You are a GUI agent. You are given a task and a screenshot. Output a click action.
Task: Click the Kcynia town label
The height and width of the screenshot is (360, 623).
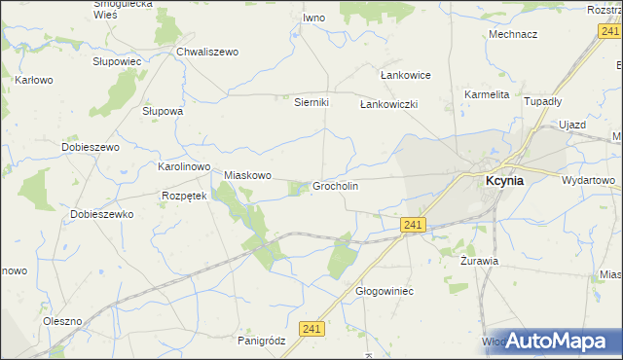[506, 180]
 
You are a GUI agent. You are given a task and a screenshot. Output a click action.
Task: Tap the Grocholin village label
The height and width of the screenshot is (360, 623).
[342, 186]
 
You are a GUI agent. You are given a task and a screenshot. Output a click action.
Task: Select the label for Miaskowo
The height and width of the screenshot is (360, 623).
[247, 175]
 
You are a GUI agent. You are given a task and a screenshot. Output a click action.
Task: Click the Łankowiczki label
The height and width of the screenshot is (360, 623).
[389, 104]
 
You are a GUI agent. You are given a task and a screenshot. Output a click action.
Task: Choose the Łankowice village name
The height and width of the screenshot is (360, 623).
[405, 75]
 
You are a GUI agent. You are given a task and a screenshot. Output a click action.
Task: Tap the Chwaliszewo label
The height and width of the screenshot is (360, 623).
[207, 52]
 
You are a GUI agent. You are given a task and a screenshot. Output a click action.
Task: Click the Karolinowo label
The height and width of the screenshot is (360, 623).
[185, 166]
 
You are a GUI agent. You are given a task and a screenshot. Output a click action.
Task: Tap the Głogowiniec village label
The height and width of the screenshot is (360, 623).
[385, 290]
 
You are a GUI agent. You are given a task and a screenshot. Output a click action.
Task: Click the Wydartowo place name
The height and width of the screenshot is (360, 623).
[589, 180]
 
